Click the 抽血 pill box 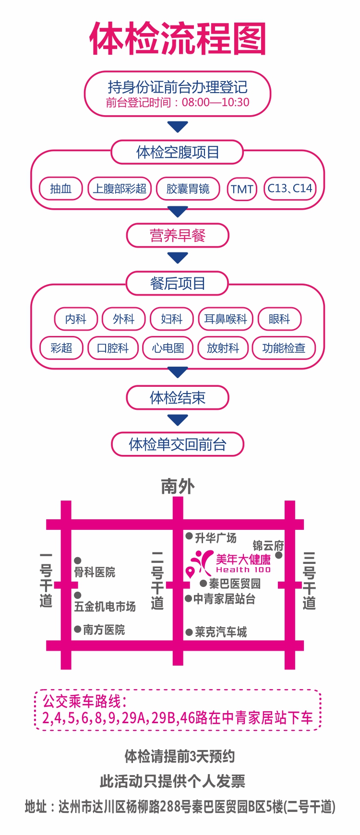pyautogui.click(x=61, y=189)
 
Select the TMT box pyautogui.click(x=242, y=189)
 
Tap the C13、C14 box pyautogui.click(x=290, y=189)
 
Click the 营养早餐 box pyautogui.click(x=178, y=236)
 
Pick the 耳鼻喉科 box pyautogui.click(x=226, y=319)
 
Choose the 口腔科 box pyautogui.click(x=113, y=348)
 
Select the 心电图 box pyautogui.click(x=168, y=348)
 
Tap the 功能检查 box pyautogui.click(x=284, y=348)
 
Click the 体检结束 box pyautogui.click(x=178, y=397)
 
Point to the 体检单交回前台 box pyautogui.click(x=178, y=444)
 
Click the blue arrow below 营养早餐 pyautogui.click(x=178, y=258)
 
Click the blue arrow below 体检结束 pyautogui.click(x=178, y=420)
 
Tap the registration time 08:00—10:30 pyautogui.click(x=216, y=102)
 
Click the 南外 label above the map pyautogui.click(x=178, y=486)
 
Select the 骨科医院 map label pyautogui.click(x=95, y=572)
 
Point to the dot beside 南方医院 pyautogui.click(x=77, y=629)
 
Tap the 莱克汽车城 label pyautogui.click(x=221, y=632)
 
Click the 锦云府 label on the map pyautogui.click(x=268, y=546)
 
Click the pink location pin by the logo pyautogui.click(x=191, y=572)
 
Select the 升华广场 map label pyautogui.click(x=216, y=537)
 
